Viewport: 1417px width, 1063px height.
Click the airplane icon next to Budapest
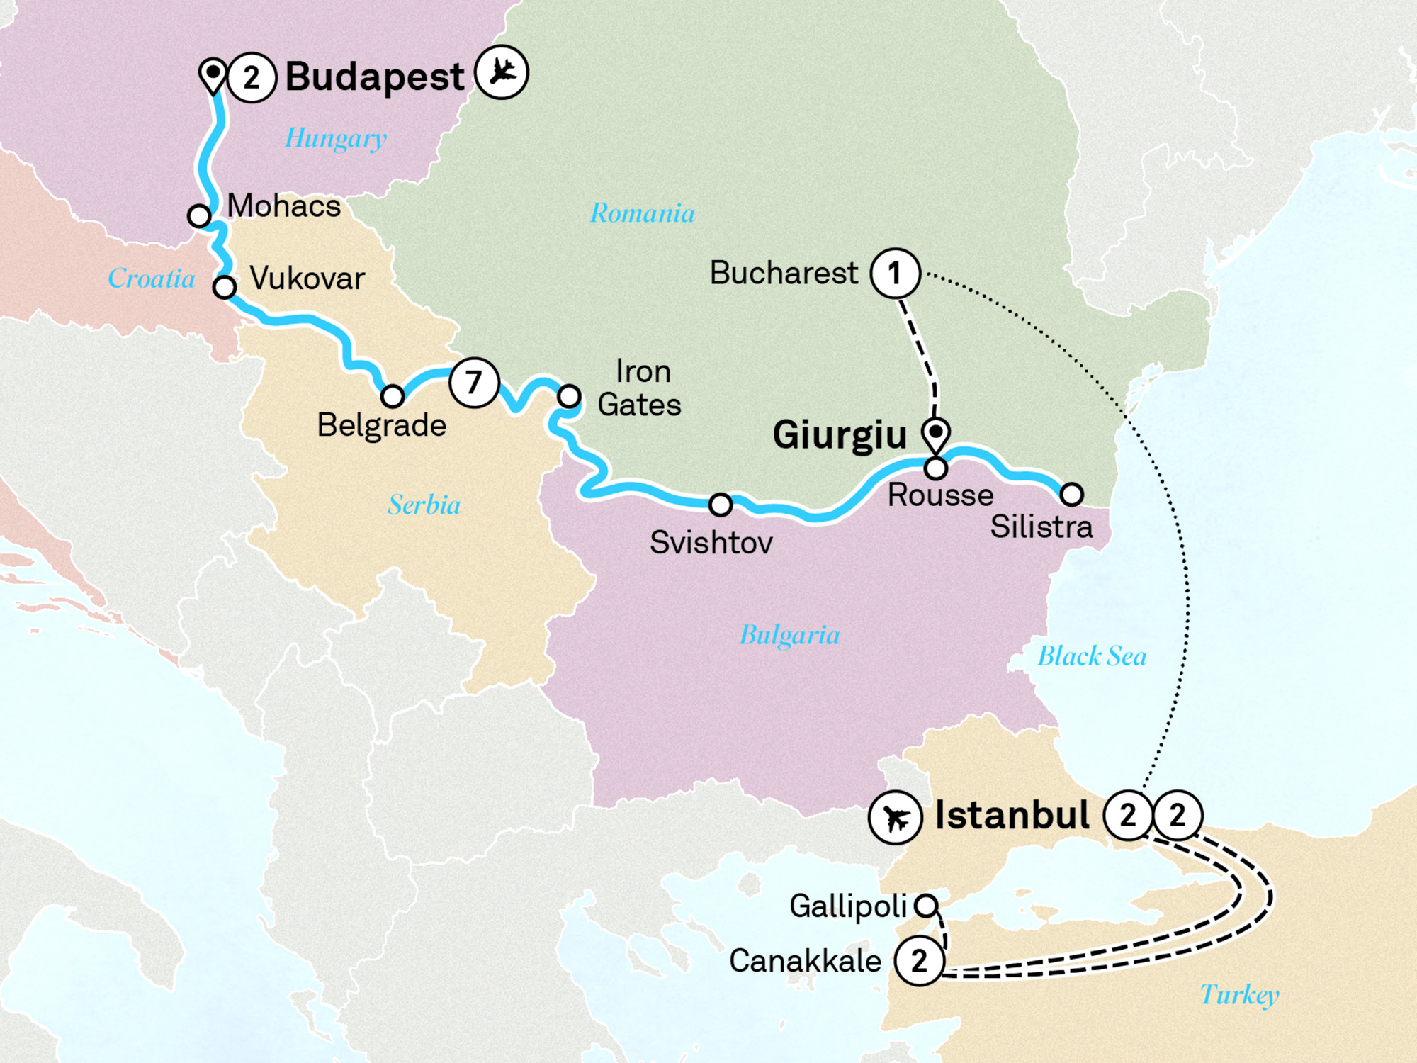[x=502, y=72]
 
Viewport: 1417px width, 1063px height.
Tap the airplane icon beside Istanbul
[x=896, y=818]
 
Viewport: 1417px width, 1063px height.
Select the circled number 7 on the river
[x=474, y=383]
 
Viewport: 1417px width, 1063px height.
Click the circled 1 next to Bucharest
[x=896, y=273]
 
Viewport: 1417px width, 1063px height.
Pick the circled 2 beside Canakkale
[x=919, y=961]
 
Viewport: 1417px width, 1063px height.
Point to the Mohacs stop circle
[x=199, y=215]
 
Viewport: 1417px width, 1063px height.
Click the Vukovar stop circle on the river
[x=225, y=287]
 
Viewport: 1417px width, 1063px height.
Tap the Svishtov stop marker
[x=721, y=505]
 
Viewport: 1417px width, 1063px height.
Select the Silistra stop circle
[x=1071, y=494]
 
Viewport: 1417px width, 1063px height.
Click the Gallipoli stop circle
[x=926, y=905]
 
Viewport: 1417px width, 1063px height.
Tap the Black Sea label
[x=1092, y=656]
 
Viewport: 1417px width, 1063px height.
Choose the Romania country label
[x=642, y=213]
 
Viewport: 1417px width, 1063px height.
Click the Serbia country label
[x=424, y=505]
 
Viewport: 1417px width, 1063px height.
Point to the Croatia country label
[x=151, y=279]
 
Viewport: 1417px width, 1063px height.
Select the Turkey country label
[x=1239, y=995]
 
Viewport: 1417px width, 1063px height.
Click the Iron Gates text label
[x=640, y=388]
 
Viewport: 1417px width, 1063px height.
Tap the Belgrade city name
[x=381, y=425]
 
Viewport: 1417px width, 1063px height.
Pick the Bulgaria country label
[x=789, y=635]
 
